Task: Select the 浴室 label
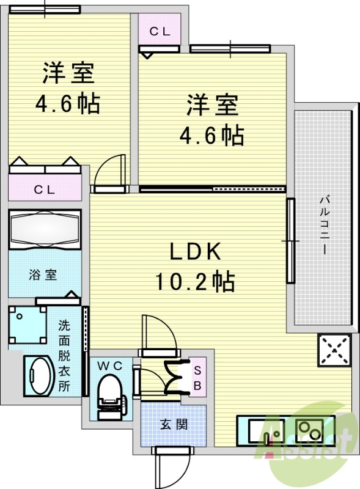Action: pos(43,275)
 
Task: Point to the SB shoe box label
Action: pos(198,377)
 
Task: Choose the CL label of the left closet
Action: pos(43,189)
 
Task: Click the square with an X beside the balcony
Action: pos(334,350)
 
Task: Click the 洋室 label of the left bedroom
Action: pos(68,73)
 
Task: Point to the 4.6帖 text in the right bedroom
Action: pos(212,135)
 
